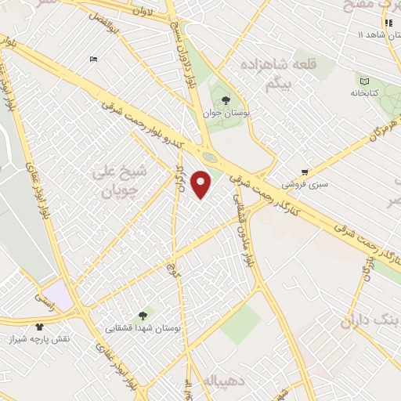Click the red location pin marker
point(202,185)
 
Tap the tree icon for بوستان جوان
point(226,100)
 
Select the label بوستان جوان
point(226,114)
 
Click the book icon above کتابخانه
point(363,81)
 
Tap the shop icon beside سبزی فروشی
point(305,172)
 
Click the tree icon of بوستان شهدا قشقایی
point(142,316)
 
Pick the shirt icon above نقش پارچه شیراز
point(40,326)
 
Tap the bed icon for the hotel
point(93,60)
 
